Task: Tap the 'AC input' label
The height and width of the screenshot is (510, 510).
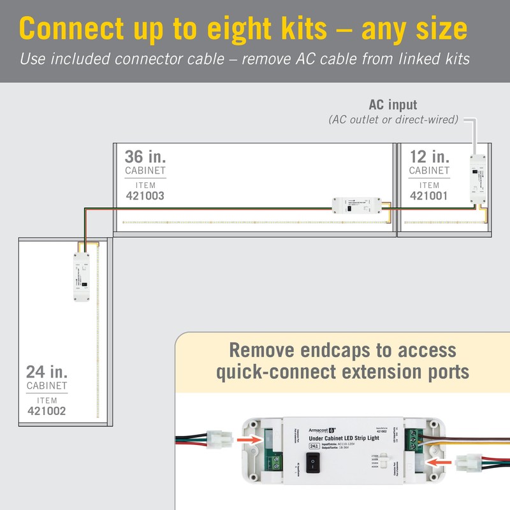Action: tap(393, 105)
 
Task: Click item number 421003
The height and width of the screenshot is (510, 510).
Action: tap(145, 196)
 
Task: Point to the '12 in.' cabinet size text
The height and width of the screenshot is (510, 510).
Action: tap(429, 157)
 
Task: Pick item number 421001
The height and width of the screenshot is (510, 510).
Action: tap(429, 196)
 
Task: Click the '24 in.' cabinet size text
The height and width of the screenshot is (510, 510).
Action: tap(47, 372)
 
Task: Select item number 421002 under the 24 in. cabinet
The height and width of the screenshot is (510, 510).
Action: tap(47, 412)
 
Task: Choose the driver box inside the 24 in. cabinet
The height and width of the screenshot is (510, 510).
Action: tap(81, 275)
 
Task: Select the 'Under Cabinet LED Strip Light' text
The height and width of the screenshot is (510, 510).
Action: tap(342, 439)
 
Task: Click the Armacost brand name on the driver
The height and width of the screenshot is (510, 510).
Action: tap(323, 429)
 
